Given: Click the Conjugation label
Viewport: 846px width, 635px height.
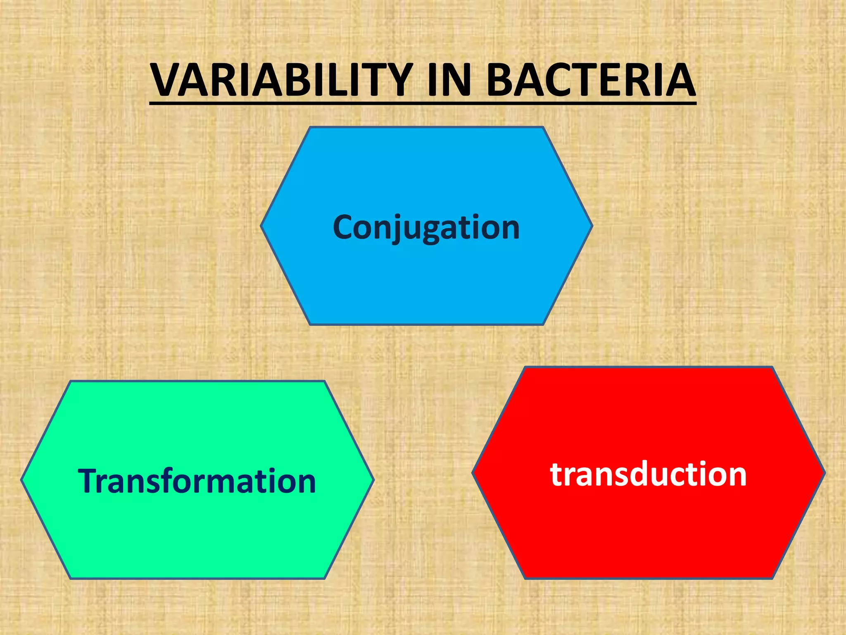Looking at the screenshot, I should point(426,227).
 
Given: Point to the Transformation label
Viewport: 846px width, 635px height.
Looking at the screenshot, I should point(197,481).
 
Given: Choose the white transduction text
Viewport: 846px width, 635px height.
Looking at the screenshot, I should point(649,474).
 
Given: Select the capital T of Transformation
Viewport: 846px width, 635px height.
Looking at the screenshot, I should point(90,481).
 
